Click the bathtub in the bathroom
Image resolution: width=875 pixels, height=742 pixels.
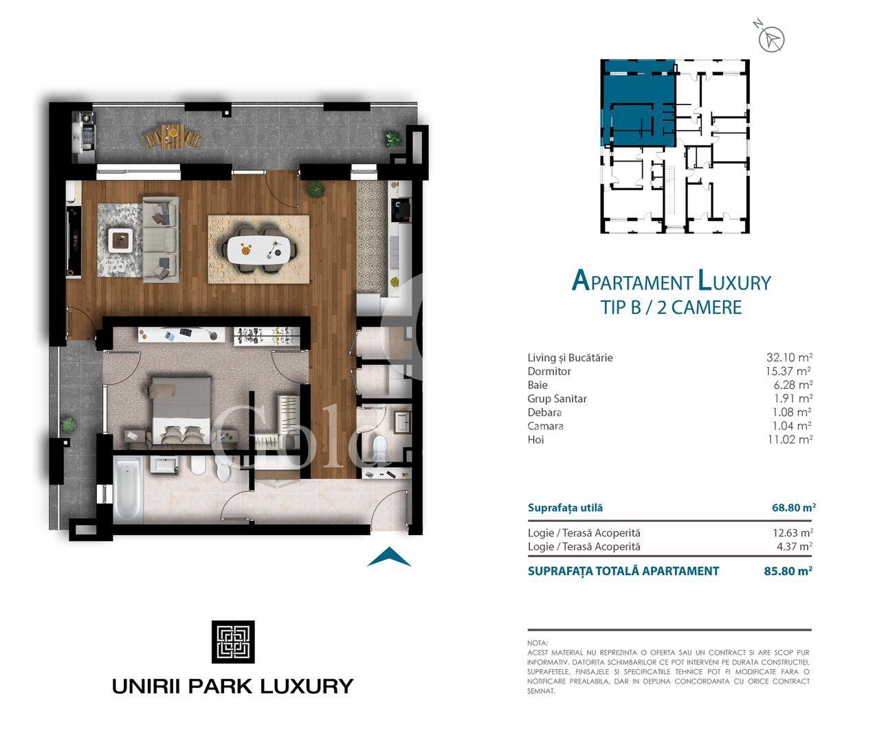[129, 489]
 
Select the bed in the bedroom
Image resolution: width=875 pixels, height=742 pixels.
[180, 410]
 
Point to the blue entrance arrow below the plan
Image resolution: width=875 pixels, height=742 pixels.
[389, 557]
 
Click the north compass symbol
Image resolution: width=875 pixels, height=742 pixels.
[771, 39]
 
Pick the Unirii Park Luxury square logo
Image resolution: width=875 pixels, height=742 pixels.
[233, 642]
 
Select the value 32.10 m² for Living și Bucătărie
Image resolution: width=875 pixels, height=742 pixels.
[789, 357]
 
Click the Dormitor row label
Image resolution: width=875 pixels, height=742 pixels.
[549, 371]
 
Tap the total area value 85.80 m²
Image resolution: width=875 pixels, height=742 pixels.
[788, 571]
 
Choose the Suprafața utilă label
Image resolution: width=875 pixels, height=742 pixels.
[565, 508]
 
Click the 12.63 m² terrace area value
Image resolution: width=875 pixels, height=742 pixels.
[793, 532]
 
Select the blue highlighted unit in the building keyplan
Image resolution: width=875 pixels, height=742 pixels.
[638, 103]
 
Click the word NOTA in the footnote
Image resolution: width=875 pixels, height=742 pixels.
[538, 643]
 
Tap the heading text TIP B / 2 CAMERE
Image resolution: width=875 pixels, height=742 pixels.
[671, 307]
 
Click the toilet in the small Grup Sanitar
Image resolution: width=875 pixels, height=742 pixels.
[379, 449]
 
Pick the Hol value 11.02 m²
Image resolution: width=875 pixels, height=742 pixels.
[790, 439]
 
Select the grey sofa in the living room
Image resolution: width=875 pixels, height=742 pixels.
[161, 239]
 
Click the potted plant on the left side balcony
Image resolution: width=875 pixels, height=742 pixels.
[68, 425]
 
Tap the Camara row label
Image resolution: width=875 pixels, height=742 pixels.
[545, 426]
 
